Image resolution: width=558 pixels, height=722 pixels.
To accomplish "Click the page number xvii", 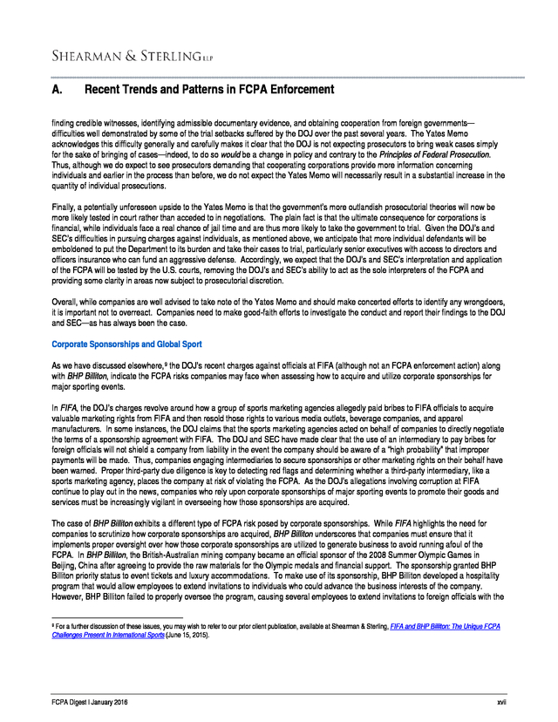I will pos(500,702).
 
